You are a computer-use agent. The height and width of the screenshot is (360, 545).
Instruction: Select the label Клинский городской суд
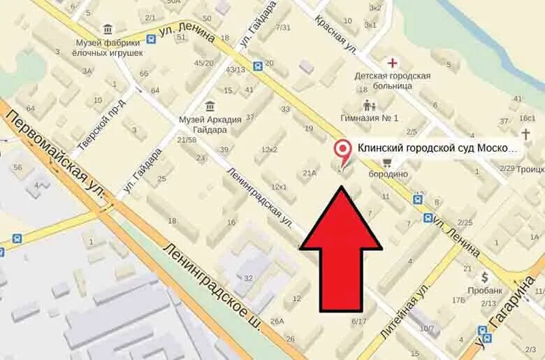tap(438, 148)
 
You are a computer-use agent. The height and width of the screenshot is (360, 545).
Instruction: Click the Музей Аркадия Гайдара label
tap(210, 124)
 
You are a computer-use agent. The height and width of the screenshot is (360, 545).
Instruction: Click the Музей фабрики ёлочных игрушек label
tap(110, 47)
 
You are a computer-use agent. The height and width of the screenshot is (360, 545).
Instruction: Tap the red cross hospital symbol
tap(391, 63)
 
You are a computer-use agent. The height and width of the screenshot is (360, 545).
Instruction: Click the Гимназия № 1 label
tap(370, 117)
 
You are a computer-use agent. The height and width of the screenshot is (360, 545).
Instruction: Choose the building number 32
tap(247, 278)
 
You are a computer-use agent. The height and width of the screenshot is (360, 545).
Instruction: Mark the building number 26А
tap(277, 321)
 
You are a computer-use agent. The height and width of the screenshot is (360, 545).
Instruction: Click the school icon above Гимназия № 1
tap(369, 106)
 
